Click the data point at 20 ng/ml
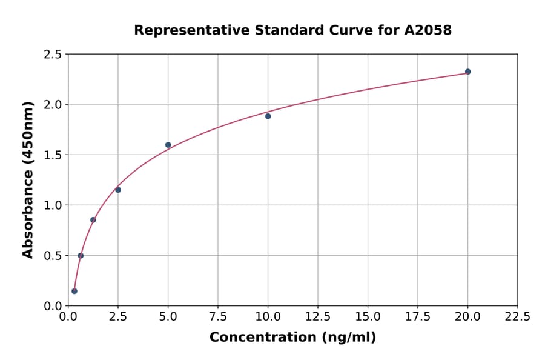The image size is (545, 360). pyautogui.click(x=467, y=72)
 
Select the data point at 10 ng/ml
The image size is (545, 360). pyautogui.click(x=268, y=116)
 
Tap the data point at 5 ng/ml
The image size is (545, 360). pyautogui.click(x=168, y=145)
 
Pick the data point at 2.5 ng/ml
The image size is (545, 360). pyautogui.click(x=118, y=190)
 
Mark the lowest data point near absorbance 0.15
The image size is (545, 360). pyautogui.click(x=74, y=291)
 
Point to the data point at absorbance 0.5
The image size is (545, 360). pyautogui.click(x=81, y=255)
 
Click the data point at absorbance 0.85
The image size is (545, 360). pyautogui.click(x=93, y=220)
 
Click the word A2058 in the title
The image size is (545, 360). pyautogui.click(x=428, y=30)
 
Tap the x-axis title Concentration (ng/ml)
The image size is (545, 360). pyautogui.click(x=292, y=337)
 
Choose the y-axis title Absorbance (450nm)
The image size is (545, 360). pyautogui.click(x=28, y=179)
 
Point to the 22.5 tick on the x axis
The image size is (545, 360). pyautogui.click(x=517, y=316)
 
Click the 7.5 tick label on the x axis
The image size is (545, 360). pyautogui.click(x=218, y=316)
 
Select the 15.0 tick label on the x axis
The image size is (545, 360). pyautogui.click(x=368, y=316)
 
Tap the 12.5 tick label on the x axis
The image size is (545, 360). pyautogui.click(x=318, y=316)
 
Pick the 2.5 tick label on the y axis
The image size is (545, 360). pyautogui.click(x=53, y=55)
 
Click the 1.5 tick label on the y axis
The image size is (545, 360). pyautogui.click(x=53, y=155)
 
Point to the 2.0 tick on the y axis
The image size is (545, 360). pyautogui.click(x=53, y=105)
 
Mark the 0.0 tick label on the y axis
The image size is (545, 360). pyautogui.click(x=53, y=306)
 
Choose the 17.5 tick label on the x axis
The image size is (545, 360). pyautogui.click(x=418, y=316)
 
